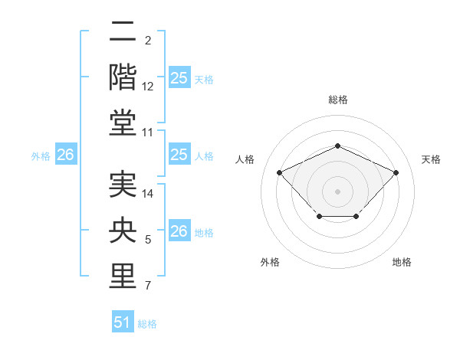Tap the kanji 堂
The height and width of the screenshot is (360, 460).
[122, 123]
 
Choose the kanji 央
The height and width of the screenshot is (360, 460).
[122, 231]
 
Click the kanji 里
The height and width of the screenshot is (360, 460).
[122, 277]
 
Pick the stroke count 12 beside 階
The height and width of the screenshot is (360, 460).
[148, 87]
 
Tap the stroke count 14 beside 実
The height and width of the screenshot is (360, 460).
[148, 194]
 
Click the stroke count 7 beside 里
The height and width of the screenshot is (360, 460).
[148, 286]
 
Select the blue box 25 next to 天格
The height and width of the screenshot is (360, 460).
[179, 78]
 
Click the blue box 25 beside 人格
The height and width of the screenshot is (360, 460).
[179, 155]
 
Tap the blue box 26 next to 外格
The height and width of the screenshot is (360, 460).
[65, 155]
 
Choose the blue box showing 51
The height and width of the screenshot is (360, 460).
[123, 322]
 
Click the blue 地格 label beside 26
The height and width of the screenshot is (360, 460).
[204, 232]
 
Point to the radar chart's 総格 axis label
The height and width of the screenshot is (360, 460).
[337, 100]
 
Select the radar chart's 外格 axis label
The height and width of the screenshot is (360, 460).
[270, 262]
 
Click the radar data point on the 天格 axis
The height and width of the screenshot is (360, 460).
[396, 172]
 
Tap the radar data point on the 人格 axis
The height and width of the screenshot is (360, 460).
[280, 172]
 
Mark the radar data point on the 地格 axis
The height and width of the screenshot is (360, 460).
[356, 218]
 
